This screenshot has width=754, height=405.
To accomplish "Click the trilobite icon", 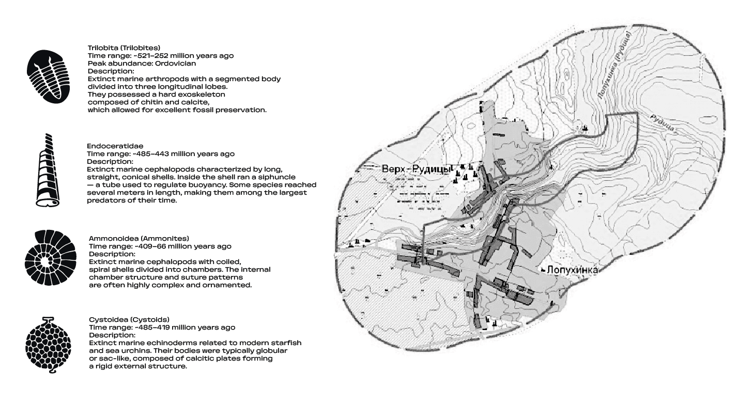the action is click(48, 77).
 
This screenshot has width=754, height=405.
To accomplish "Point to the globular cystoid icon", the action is click(48, 345).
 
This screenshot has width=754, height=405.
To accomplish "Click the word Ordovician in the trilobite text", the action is click(176, 63).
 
